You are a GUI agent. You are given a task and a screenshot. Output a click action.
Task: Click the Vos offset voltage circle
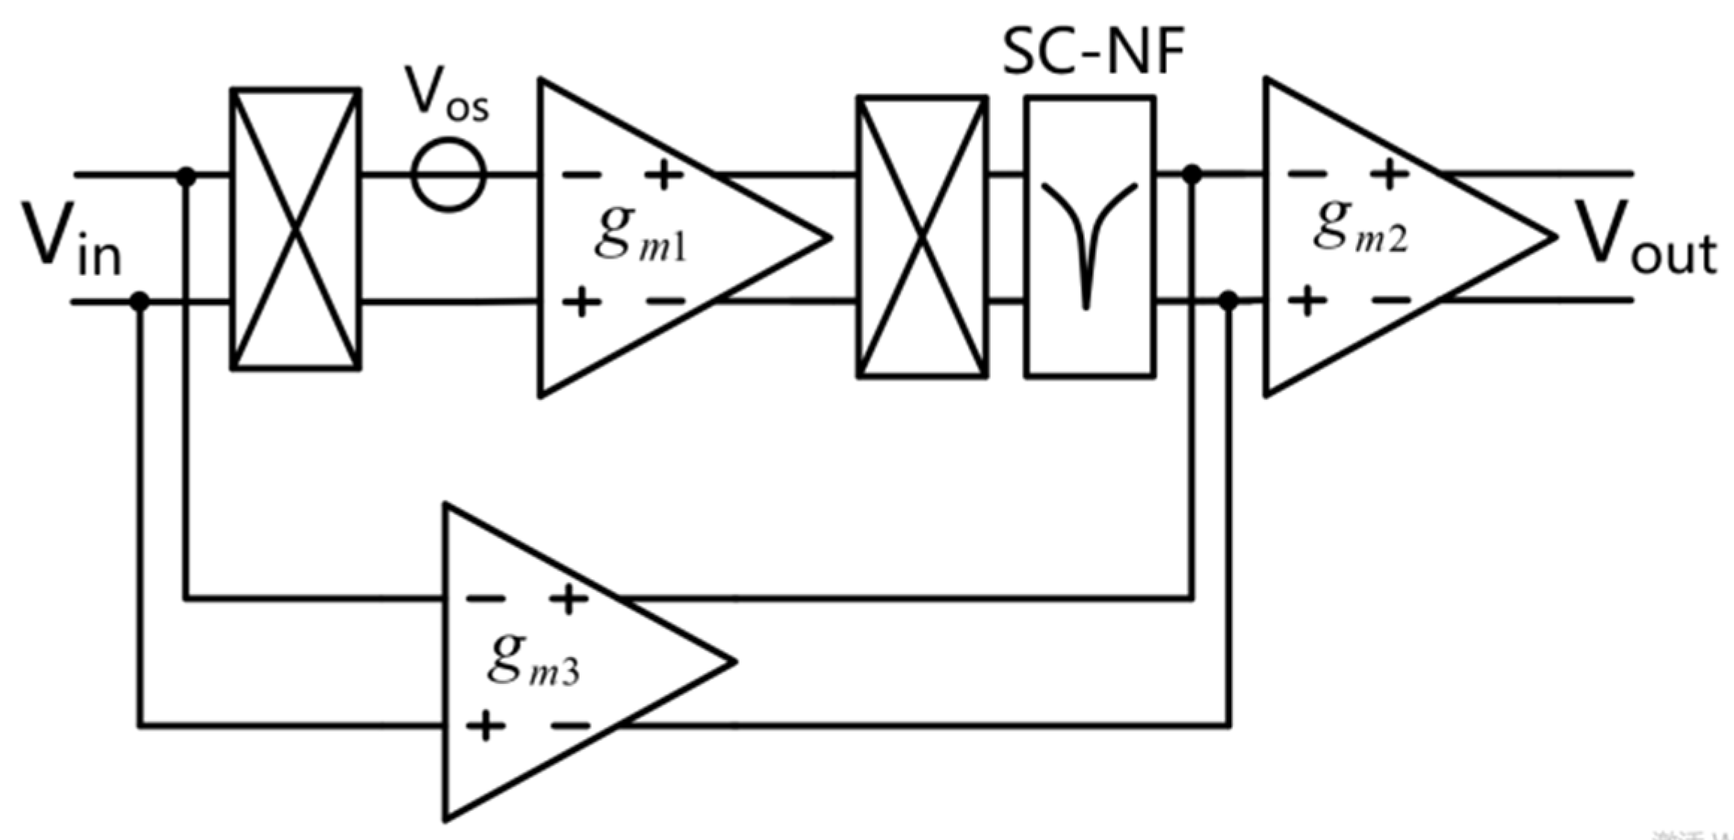tap(449, 175)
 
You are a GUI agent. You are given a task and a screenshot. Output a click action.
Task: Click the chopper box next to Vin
tap(296, 228)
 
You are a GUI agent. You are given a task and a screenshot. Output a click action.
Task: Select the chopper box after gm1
tap(922, 236)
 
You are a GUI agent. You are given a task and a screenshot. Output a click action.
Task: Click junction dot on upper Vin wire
tap(186, 176)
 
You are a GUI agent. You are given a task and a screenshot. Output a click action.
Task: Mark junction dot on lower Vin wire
tap(140, 301)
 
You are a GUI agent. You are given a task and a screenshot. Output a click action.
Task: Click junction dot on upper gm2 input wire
tap(1192, 175)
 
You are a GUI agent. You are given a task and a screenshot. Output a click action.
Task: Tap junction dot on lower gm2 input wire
tap(1228, 301)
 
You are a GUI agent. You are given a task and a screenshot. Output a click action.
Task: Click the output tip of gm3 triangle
tap(734, 661)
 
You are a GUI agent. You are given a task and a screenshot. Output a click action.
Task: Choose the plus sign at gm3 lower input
tap(485, 725)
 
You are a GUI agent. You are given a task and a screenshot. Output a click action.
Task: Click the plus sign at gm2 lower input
tap(1307, 301)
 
